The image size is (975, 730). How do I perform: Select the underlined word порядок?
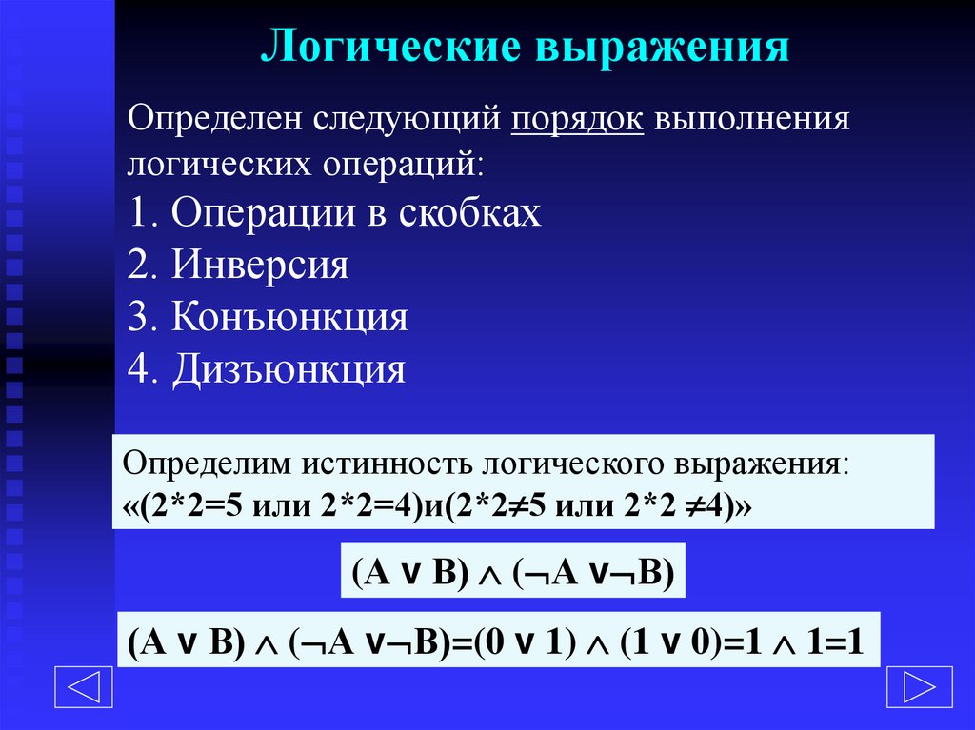(x=578, y=122)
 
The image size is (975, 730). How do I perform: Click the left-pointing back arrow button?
(x=84, y=685)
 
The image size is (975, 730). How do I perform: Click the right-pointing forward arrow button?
(x=918, y=685)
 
